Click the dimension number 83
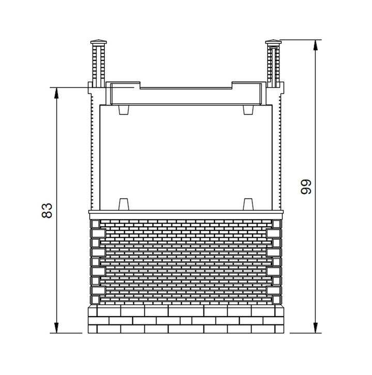pos(47,210)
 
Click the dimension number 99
pos(306,187)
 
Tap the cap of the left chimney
pos(99,42)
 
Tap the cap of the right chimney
pos(273,42)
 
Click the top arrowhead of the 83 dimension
pos(56,93)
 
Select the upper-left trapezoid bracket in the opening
pos(124,110)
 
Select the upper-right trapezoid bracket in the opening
pos(249,110)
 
